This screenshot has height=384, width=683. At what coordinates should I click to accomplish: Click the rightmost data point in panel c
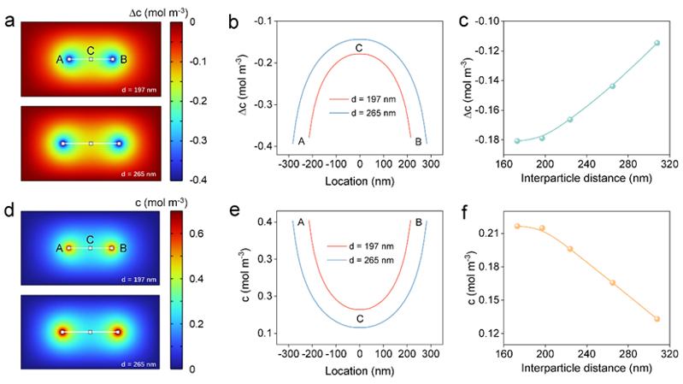657,43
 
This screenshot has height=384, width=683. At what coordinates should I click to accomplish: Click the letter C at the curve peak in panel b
359,46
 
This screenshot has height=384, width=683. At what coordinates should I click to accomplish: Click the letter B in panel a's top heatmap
124,59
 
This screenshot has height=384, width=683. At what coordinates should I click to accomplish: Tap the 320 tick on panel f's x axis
667,352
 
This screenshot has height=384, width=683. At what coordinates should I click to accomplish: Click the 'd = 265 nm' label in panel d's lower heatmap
142,364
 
